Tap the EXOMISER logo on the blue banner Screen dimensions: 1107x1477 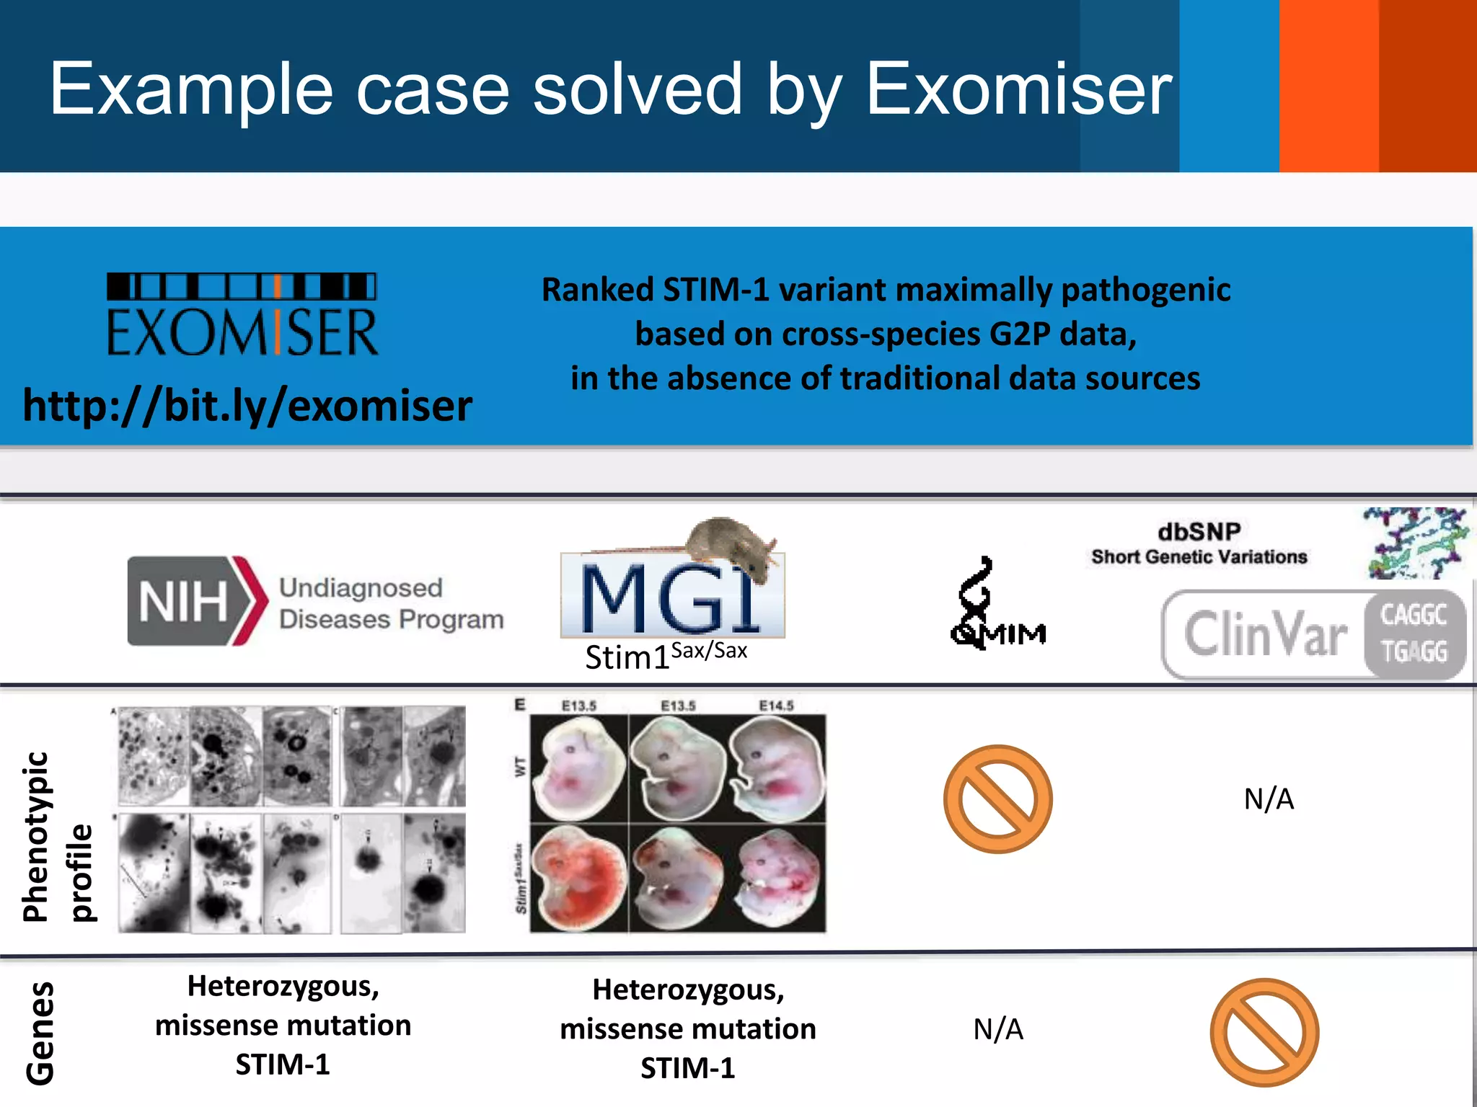tap(242, 315)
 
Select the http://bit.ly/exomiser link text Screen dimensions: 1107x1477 tap(247, 405)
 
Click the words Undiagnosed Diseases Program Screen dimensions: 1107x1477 tap(391, 603)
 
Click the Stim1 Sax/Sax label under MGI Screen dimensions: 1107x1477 tap(665, 654)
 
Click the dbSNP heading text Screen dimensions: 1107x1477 tap(1199, 532)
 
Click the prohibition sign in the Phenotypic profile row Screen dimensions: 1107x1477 tap(997, 799)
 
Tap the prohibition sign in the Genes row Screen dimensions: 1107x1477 tap(1264, 1032)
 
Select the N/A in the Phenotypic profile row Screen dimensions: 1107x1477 tap(1269, 799)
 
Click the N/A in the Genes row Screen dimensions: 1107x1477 tap(997, 1029)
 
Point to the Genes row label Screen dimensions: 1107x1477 tap(40, 1032)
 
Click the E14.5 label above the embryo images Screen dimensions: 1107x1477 tap(776, 706)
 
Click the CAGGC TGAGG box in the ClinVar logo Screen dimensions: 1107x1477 tap(1414, 633)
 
